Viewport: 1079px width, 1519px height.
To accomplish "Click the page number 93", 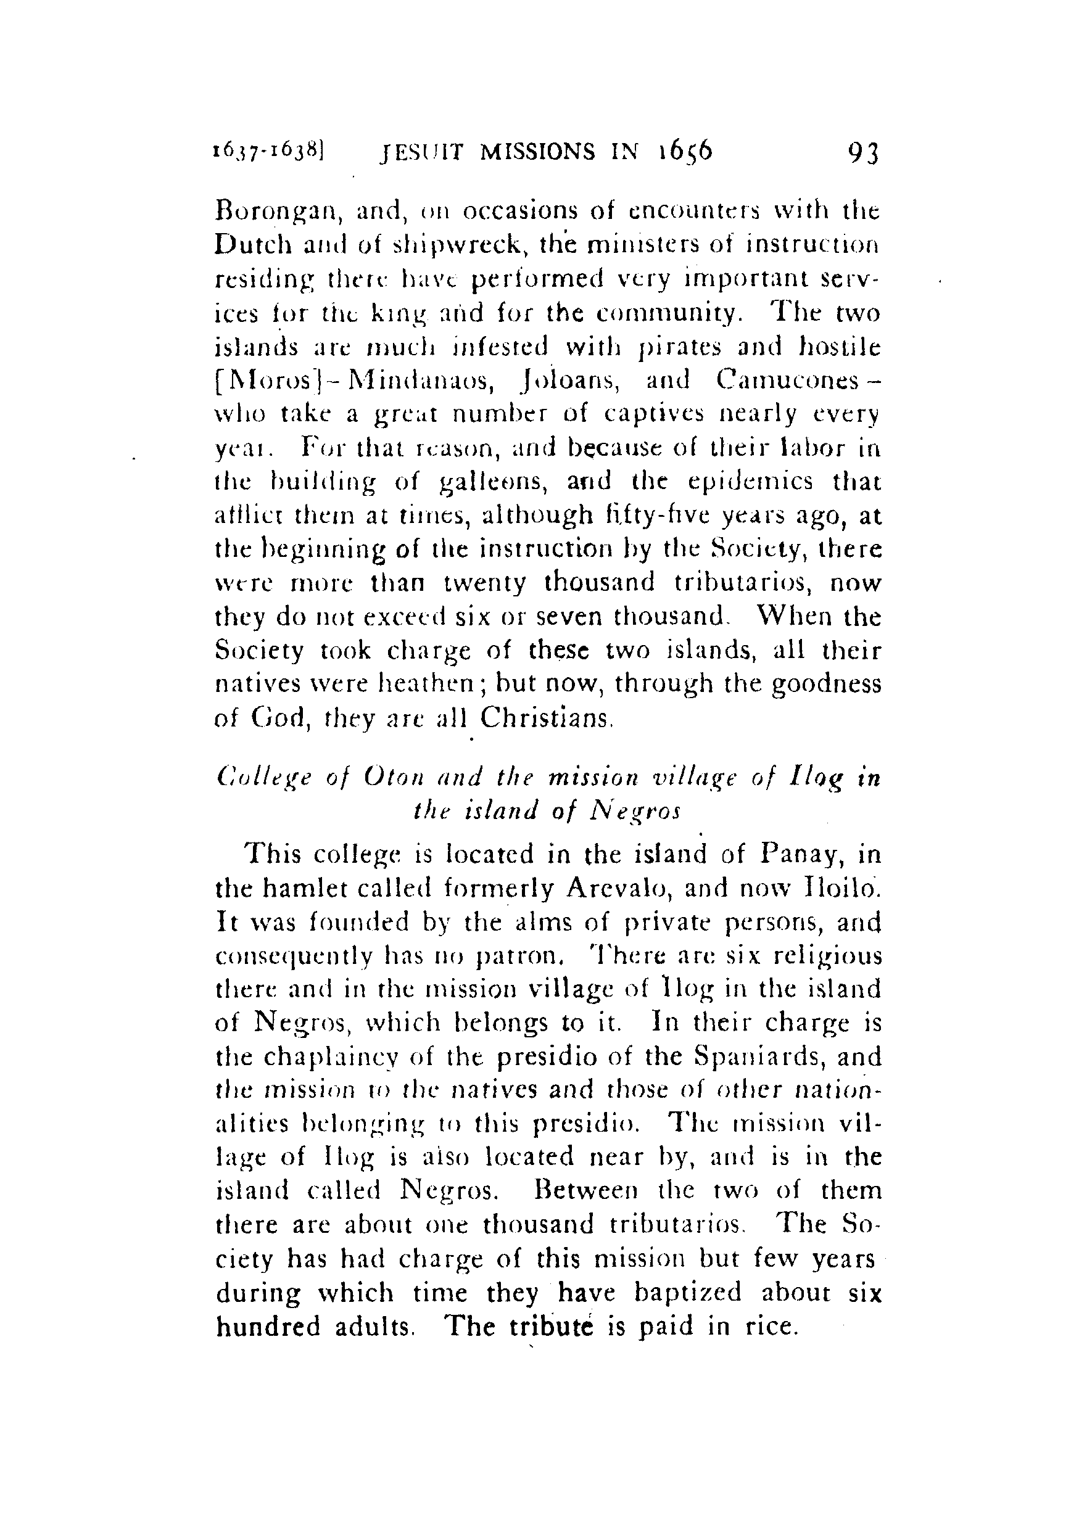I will [864, 154].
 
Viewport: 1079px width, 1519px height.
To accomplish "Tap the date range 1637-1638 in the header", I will [267, 153].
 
